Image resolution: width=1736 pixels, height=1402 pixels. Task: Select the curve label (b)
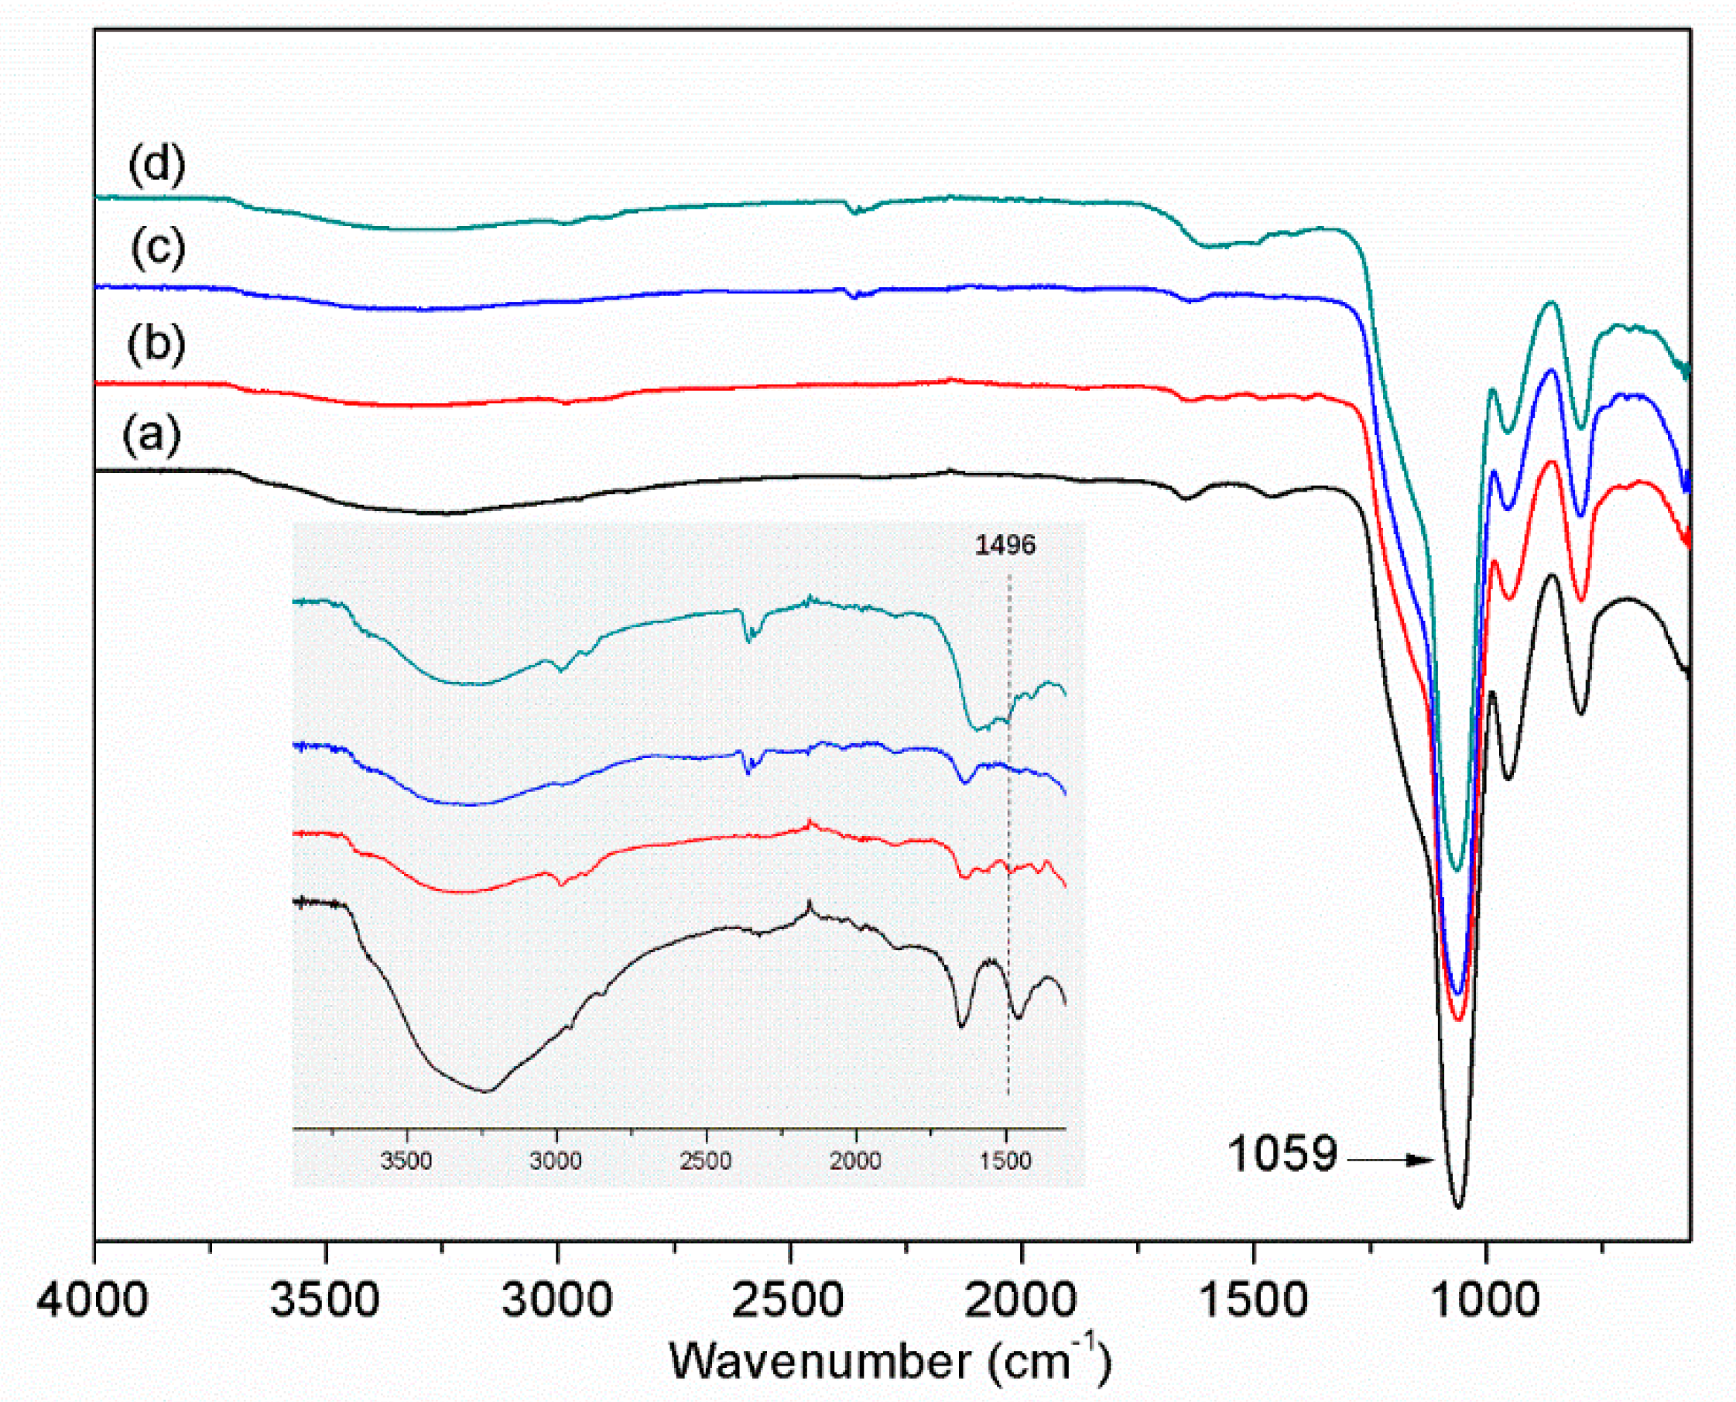pyautogui.click(x=156, y=343)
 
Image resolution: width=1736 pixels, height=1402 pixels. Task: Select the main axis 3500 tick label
pyautogui.click(x=325, y=1301)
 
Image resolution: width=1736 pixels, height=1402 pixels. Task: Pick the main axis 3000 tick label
pyautogui.click(x=557, y=1301)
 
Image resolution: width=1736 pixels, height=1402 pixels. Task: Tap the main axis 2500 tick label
pyautogui.click(x=789, y=1301)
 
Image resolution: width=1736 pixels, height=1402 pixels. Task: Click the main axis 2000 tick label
pyautogui.click(x=1022, y=1301)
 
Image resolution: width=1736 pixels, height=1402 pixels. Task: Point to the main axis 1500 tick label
pyautogui.click(x=1254, y=1301)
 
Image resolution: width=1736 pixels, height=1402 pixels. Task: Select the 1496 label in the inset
pyautogui.click(x=1005, y=545)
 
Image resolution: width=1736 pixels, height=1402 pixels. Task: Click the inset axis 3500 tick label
pyautogui.click(x=406, y=1161)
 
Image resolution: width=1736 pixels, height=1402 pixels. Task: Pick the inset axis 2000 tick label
pyautogui.click(x=856, y=1161)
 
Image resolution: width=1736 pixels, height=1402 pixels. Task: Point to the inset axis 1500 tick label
pyautogui.click(x=1006, y=1161)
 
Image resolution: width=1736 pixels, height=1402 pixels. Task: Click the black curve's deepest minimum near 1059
pyautogui.click(x=1458, y=1208)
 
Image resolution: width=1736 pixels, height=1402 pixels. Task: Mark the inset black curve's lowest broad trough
pyautogui.click(x=486, y=1091)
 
